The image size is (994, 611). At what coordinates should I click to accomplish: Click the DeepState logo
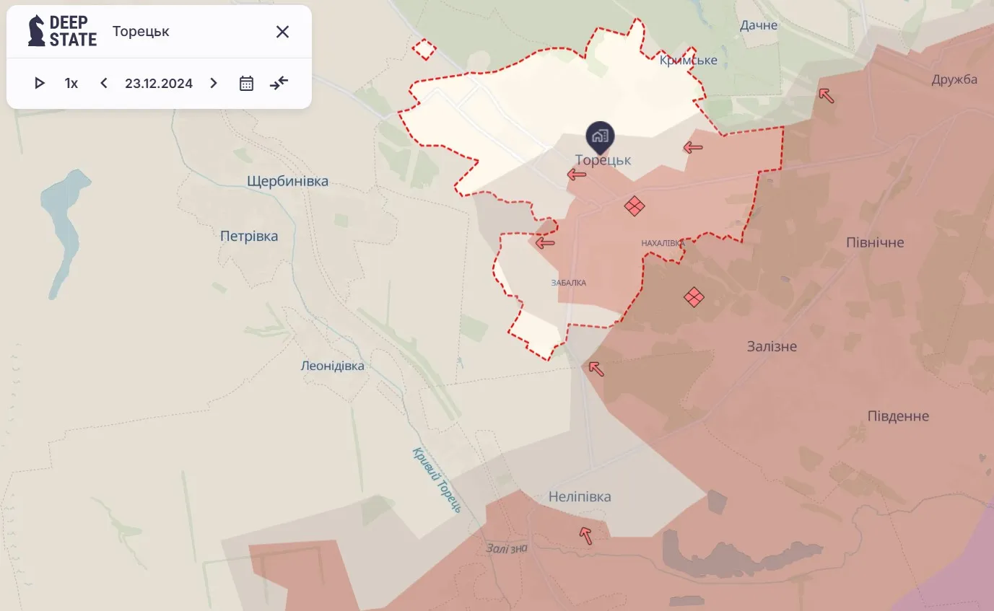click(62, 31)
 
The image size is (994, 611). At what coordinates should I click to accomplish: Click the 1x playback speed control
click(71, 83)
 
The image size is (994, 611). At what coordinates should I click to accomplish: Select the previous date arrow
click(104, 83)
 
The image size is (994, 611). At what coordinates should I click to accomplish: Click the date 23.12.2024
click(159, 83)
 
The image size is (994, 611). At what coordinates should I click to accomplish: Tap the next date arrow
click(213, 83)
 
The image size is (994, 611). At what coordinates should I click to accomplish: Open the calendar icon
click(246, 83)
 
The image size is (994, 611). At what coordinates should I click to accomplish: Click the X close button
click(282, 32)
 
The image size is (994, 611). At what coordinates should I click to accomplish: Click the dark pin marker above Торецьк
click(600, 135)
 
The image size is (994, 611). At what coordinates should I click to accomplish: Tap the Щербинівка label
click(287, 181)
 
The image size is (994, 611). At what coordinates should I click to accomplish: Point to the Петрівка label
click(249, 236)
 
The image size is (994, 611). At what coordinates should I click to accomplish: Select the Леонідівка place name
click(332, 366)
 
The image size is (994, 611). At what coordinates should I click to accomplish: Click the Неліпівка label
click(580, 496)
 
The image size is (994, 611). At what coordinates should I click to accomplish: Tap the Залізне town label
click(772, 346)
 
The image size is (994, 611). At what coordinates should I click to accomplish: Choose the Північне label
click(875, 242)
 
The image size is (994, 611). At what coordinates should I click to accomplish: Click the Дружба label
click(954, 79)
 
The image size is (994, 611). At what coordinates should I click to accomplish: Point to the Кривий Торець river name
click(437, 479)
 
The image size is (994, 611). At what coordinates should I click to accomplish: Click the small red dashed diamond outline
click(424, 49)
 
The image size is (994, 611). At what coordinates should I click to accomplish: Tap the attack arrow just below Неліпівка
click(586, 535)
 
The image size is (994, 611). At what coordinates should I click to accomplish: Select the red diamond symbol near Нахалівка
click(634, 206)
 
